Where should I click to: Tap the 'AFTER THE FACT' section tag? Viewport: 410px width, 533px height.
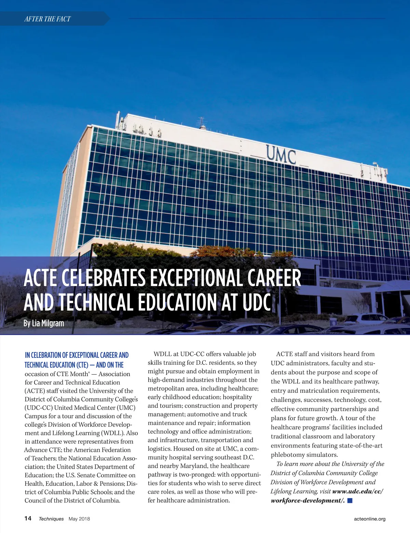[47, 19]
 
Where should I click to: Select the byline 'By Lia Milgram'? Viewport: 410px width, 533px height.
[44, 323]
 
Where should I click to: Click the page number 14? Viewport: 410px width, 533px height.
[28, 518]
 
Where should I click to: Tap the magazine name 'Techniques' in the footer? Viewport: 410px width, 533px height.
[51, 519]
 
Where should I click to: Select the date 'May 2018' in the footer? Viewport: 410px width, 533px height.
[79, 519]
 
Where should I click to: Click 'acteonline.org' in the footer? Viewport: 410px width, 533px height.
[370, 519]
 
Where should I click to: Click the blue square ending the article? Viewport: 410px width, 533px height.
[350, 500]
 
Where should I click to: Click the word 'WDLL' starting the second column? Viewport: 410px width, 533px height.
[163, 354]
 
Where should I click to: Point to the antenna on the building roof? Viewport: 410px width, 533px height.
[202, 122]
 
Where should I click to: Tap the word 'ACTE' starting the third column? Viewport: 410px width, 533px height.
[284, 354]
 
